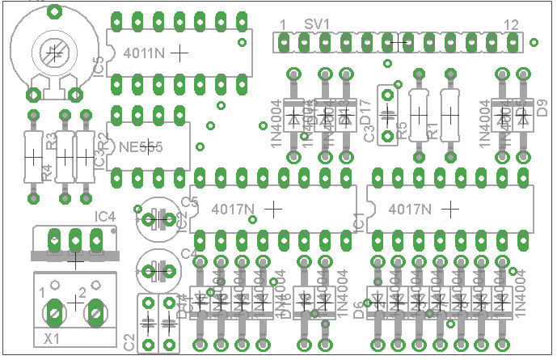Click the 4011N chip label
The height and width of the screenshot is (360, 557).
146,53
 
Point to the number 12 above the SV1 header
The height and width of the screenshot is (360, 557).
510,25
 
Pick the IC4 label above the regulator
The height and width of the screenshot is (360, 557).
105,216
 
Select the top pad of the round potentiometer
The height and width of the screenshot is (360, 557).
55,11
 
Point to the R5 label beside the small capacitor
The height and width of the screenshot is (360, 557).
402,129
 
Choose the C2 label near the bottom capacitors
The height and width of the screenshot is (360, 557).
130,341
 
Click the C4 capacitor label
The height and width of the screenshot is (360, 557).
188,254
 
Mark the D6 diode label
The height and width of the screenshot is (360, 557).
358,307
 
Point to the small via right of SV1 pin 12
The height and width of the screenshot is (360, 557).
534,41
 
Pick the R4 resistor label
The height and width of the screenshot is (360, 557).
47,172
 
